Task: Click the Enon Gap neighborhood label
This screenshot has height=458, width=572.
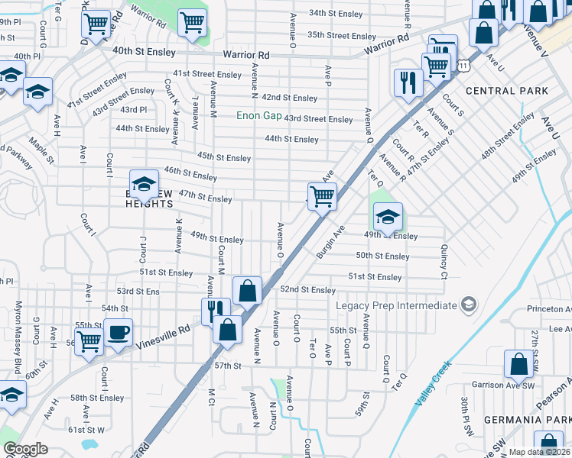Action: (x=258, y=115)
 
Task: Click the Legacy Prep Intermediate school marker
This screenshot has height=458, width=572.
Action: (x=469, y=305)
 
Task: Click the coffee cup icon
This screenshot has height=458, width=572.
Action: (x=118, y=332)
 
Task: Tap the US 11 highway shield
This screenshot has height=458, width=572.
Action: (x=464, y=67)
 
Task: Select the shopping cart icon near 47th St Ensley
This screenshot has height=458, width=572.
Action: (x=322, y=195)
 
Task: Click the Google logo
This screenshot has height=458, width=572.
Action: (x=25, y=449)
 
